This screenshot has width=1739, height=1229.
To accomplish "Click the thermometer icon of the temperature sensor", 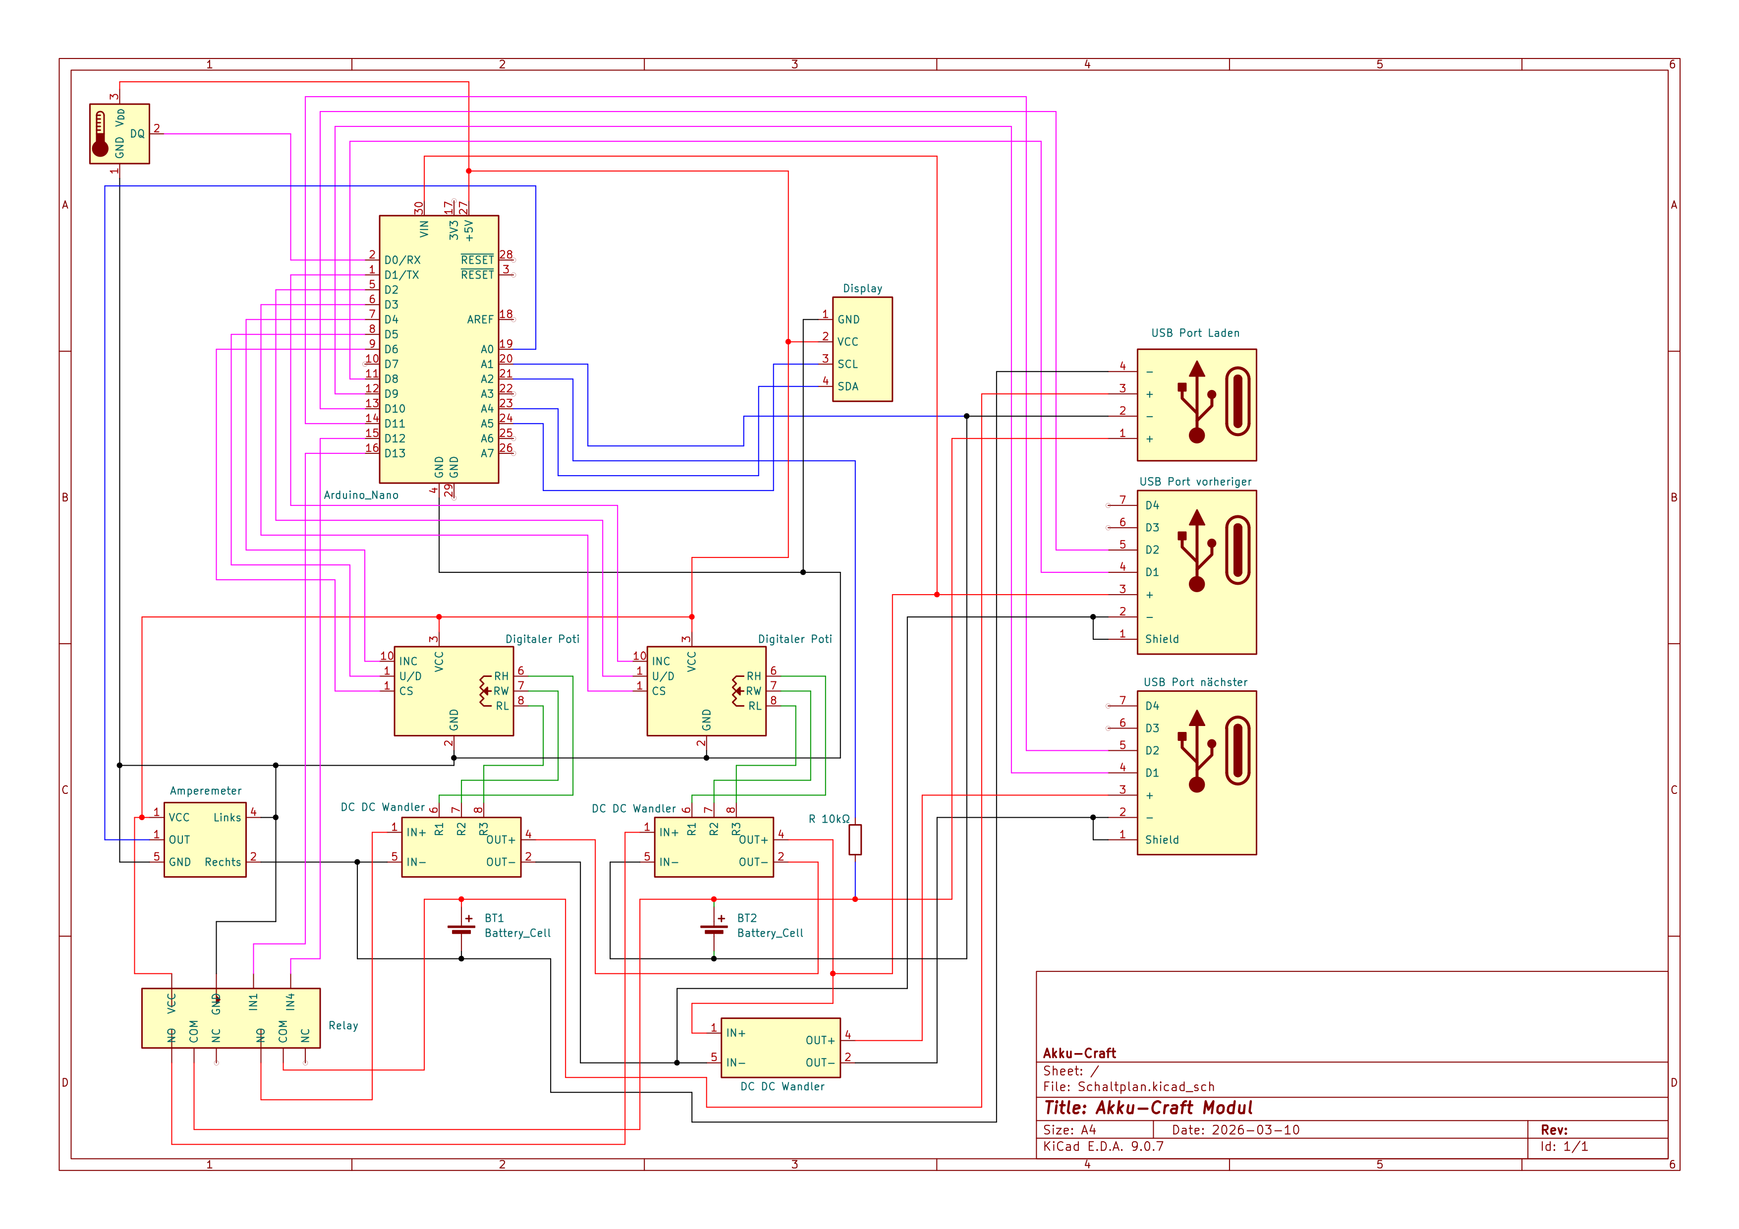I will coord(100,135).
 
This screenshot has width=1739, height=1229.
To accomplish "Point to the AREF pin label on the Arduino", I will coord(480,320).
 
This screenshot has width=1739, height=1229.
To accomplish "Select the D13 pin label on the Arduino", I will coord(394,453).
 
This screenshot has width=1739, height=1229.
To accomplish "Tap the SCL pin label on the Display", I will coord(847,364).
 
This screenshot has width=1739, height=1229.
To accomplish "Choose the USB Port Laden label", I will coord(1195,333).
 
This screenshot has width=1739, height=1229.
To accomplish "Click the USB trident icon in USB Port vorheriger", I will coord(1196,551).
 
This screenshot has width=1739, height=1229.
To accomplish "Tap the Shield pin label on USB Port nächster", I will coord(1161,840).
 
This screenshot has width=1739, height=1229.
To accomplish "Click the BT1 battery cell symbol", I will coord(461,929).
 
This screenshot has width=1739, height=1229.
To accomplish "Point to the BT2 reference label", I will coord(747,918).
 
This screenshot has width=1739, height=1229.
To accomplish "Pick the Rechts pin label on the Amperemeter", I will coord(223,862).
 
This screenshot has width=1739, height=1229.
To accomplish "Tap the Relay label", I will coord(343,1025).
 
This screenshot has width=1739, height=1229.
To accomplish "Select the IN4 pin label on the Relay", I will coord(290,1003).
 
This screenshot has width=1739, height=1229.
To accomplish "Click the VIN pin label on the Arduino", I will coord(424,228).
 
